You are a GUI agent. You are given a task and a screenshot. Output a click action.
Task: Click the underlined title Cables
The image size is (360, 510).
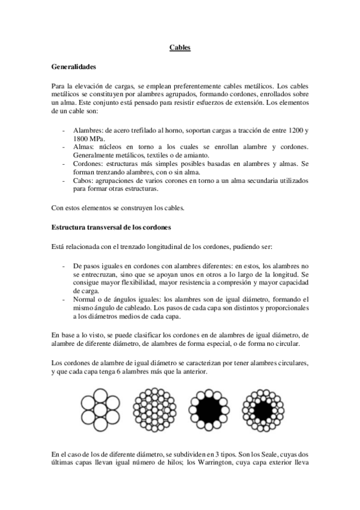(180, 48)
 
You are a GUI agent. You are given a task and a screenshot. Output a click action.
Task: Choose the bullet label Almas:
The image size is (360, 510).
(84, 147)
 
